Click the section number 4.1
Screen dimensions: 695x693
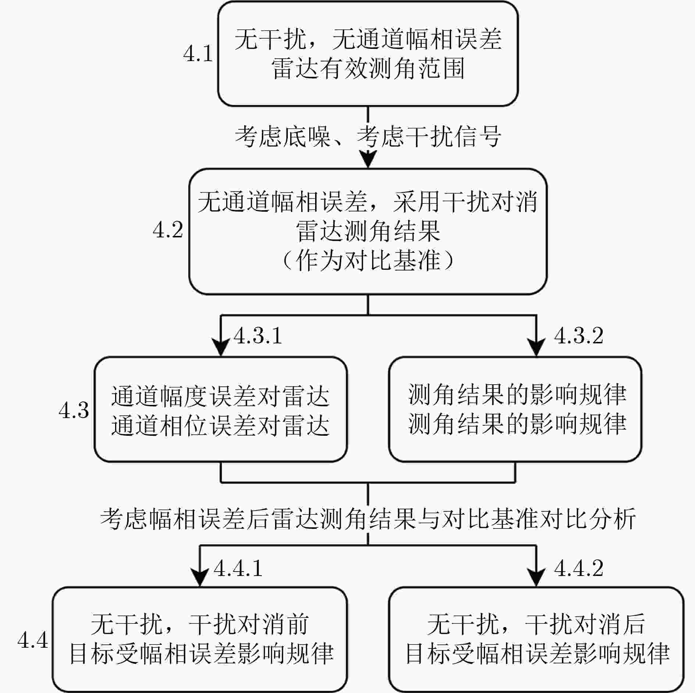click(x=198, y=54)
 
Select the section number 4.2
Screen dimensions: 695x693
click(x=168, y=230)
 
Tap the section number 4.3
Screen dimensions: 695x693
click(x=74, y=410)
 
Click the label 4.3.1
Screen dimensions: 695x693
click(x=258, y=336)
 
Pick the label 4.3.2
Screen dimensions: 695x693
click(x=579, y=336)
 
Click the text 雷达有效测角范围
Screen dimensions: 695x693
click(x=368, y=68)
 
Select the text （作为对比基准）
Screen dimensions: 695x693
click(x=368, y=261)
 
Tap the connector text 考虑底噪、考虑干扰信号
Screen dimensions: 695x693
click(x=368, y=136)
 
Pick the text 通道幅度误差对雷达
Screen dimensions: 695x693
click(x=221, y=396)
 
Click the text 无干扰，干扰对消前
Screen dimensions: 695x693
click(x=200, y=624)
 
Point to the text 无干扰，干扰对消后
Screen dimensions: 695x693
click(x=536, y=624)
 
